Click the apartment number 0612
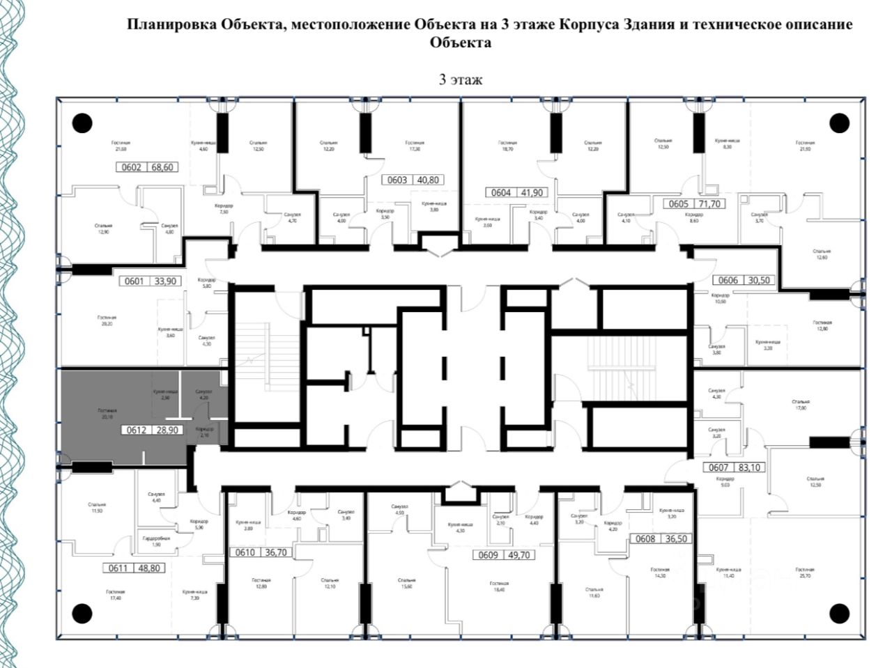coord(135,430)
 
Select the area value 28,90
coord(169,430)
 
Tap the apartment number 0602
coord(131,167)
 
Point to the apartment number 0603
coord(397,180)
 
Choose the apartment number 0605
coord(678,204)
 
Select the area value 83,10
coord(749,467)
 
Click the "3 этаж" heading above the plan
coord(460,79)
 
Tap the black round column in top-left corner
coord(82,123)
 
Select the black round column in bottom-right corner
coord(840,614)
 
